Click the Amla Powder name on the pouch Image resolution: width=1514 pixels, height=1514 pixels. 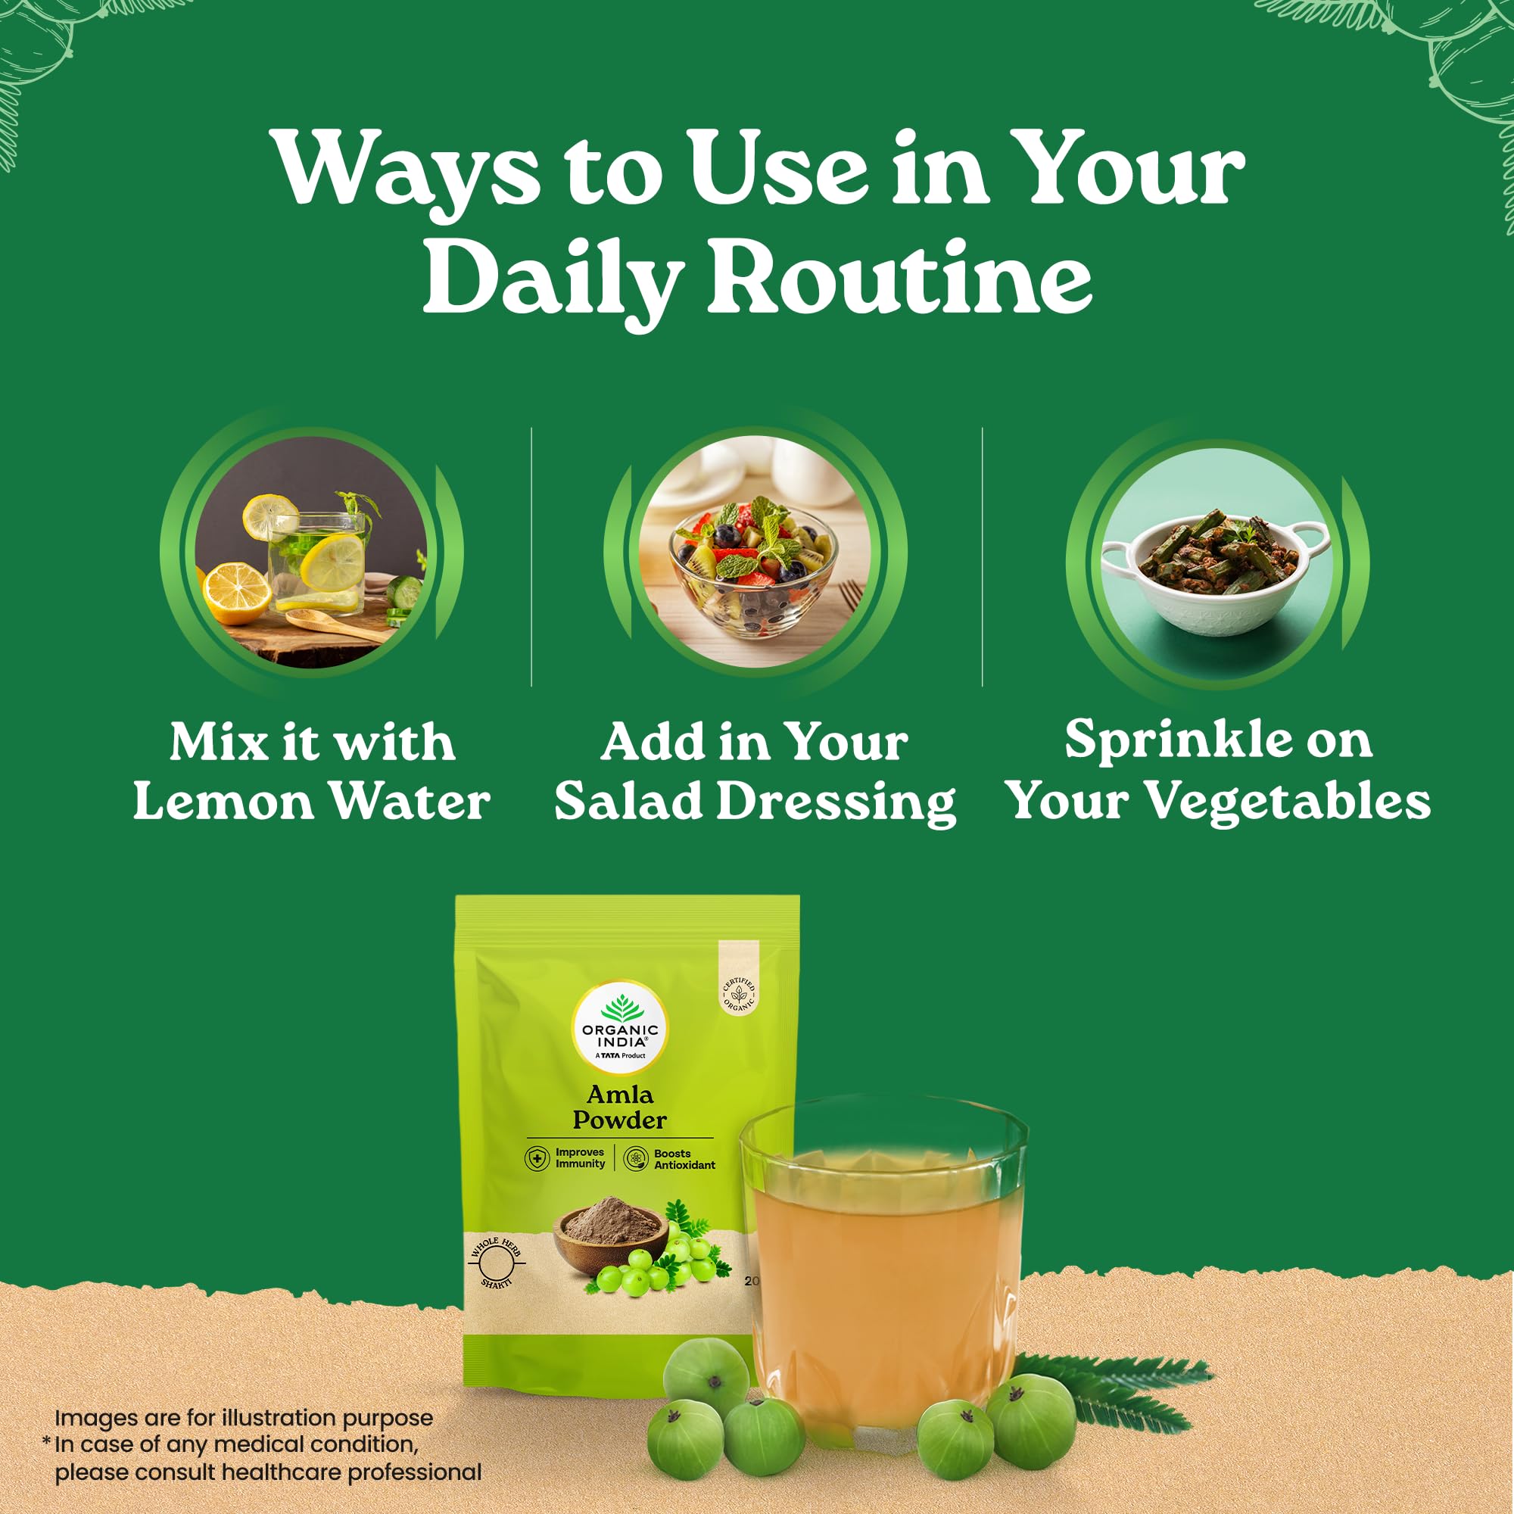[619, 1107]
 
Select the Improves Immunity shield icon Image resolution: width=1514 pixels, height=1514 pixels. [537, 1158]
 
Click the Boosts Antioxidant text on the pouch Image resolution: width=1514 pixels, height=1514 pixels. [684, 1159]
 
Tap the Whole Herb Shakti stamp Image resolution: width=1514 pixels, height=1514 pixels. [497, 1263]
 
